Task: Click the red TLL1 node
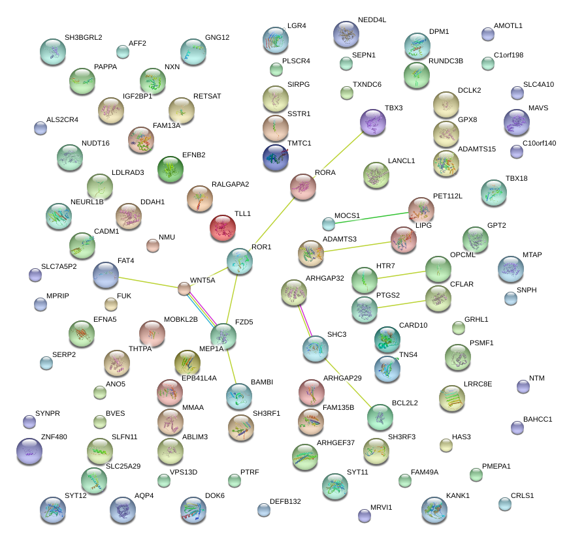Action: [x=223, y=228]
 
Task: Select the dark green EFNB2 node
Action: [x=171, y=170]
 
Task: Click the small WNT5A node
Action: [x=184, y=288]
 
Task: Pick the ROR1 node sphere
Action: [x=239, y=260]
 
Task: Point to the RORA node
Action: [x=303, y=187]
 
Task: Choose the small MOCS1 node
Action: [x=329, y=224]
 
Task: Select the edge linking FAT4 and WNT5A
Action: [x=149, y=282]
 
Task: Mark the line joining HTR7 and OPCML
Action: [x=401, y=274]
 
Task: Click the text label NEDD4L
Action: [x=372, y=20]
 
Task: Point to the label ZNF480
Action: [x=54, y=437]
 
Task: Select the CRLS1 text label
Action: [x=522, y=495]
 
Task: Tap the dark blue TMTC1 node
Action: [x=275, y=157]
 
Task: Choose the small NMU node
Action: [x=152, y=245]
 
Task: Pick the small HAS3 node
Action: [x=446, y=446]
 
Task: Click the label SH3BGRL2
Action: [x=83, y=37]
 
